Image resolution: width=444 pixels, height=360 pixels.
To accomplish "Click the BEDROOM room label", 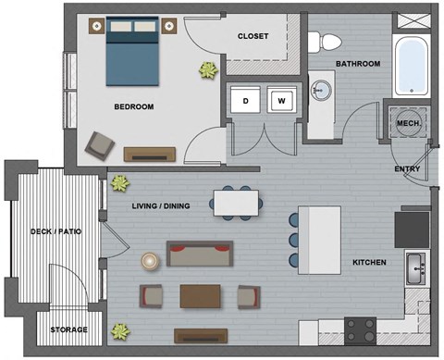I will point(133,106).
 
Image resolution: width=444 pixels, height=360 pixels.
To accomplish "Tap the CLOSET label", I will point(253,37).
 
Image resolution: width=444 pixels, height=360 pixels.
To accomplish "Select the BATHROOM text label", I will point(358,64).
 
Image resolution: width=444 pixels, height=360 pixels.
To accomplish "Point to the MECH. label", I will point(408,123).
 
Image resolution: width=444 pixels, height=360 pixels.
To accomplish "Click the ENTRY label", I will point(407,169).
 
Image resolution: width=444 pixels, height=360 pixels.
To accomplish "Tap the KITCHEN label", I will point(369,262).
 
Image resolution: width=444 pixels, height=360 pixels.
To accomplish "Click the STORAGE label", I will point(68,329).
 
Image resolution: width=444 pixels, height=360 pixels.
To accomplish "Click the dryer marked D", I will point(246,99).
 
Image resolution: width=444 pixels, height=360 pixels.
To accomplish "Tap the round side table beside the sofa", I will point(151,261).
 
